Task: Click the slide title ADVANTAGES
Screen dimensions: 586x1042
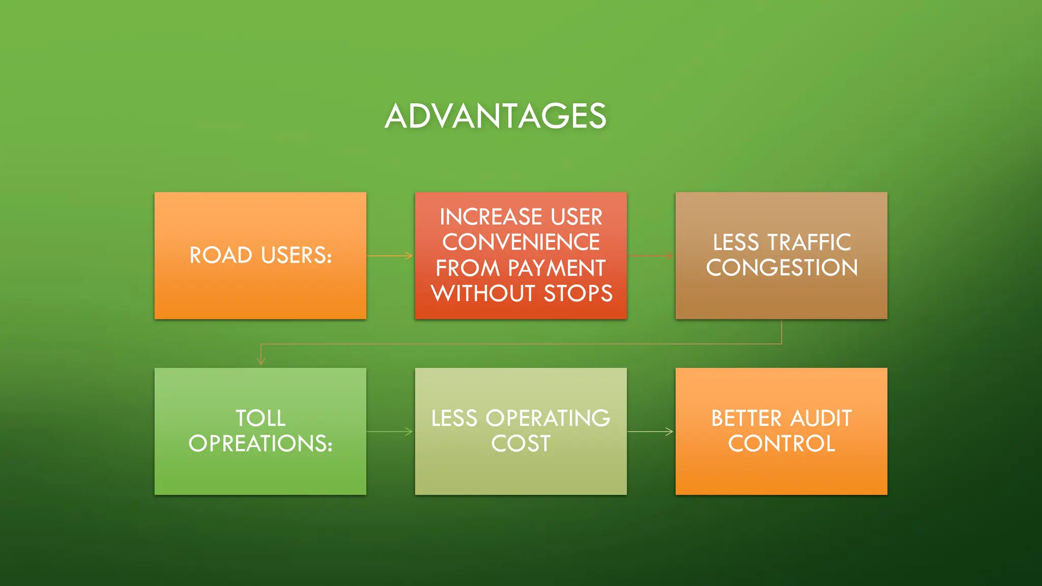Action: click(x=496, y=116)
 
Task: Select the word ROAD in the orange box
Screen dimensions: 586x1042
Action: click(x=221, y=255)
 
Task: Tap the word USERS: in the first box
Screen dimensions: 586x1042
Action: click(x=296, y=255)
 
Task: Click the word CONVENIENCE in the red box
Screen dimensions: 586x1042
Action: click(x=521, y=242)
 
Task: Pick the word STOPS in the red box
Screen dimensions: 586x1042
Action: click(x=578, y=294)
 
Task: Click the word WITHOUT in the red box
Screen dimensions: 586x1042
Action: click(x=483, y=294)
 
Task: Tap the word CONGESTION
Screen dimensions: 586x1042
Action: click(x=782, y=268)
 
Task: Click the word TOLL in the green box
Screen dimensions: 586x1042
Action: click(x=260, y=418)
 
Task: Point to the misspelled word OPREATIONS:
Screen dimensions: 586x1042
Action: click(x=260, y=444)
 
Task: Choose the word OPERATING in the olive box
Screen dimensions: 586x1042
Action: click(x=548, y=418)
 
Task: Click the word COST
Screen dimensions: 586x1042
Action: click(x=521, y=444)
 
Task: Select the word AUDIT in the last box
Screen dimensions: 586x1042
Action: click(x=821, y=418)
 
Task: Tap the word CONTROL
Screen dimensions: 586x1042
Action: click(x=782, y=444)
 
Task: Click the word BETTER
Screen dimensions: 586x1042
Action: click(x=746, y=418)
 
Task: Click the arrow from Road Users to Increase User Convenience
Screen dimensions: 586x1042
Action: click(x=390, y=255)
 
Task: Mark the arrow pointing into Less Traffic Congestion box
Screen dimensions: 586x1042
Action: click(x=651, y=255)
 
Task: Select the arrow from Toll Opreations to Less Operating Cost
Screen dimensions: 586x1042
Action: click(x=390, y=431)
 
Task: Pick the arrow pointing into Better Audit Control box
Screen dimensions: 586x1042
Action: click(x=651, y=431)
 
